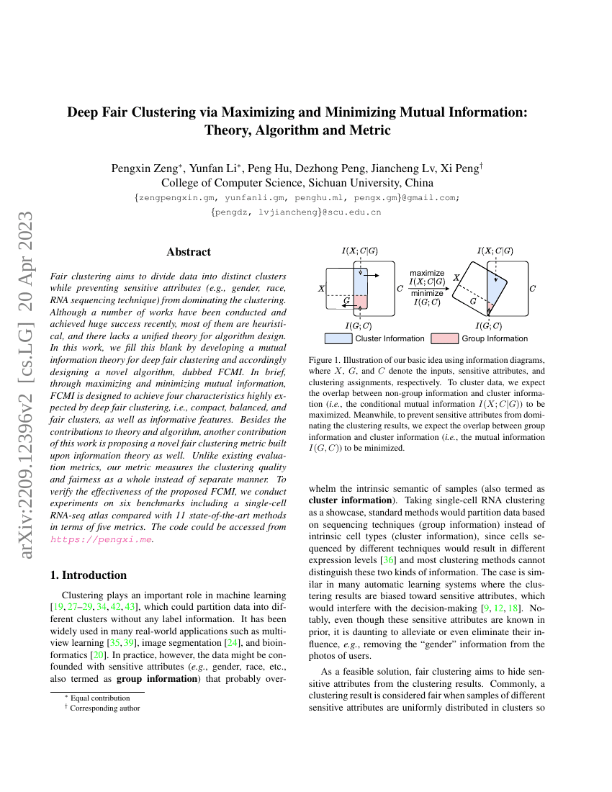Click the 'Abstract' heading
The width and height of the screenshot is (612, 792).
189,252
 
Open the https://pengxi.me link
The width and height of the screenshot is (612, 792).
101,539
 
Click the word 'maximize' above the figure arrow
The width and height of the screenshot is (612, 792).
427,273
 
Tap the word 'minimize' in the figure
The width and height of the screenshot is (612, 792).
427,293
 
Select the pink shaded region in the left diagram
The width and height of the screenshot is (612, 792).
361,302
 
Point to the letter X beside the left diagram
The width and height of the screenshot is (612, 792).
321,289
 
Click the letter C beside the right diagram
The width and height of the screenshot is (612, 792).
533,289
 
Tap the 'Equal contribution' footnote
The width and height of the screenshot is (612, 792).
100,698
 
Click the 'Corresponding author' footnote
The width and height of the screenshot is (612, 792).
105,708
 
